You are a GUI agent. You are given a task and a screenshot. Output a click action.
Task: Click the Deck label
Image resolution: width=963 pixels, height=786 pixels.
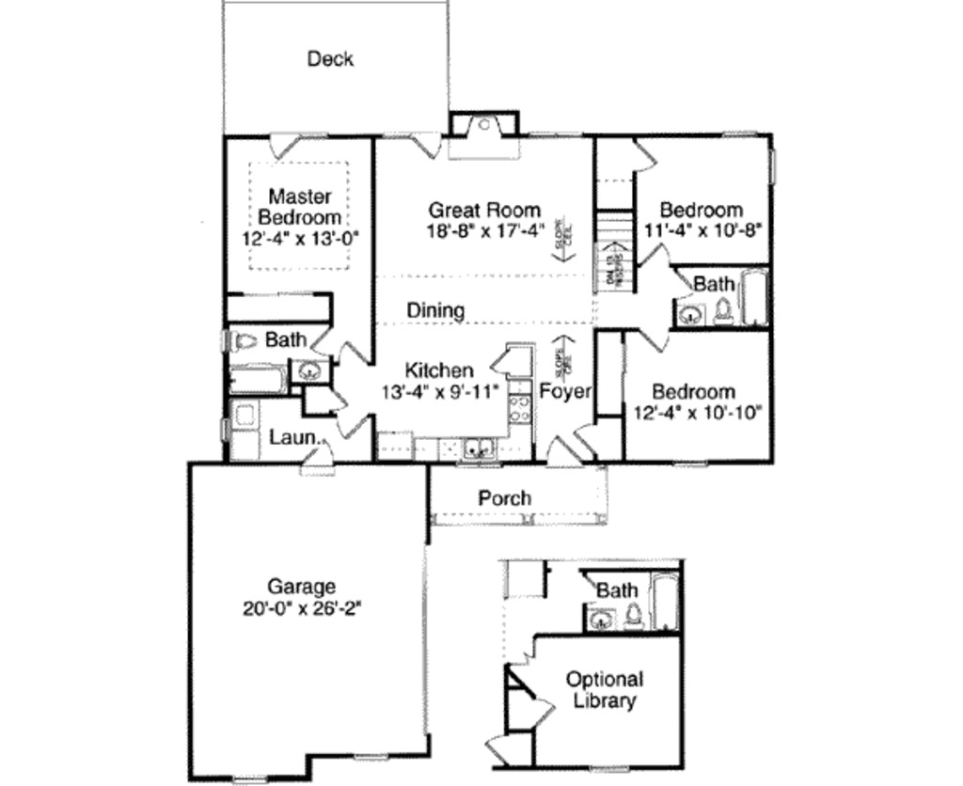tap(330, 59)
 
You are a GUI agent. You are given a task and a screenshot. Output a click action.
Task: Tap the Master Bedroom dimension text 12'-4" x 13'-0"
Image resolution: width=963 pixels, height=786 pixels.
tap(301, 238)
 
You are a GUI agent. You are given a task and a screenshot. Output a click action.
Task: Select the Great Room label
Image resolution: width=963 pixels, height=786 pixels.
tap(484, 210)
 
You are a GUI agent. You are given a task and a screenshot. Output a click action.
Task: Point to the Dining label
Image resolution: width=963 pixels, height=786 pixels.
tap(435, 310)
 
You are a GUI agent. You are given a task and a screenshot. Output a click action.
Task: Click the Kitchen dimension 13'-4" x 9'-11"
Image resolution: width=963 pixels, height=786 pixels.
tap(438, 389)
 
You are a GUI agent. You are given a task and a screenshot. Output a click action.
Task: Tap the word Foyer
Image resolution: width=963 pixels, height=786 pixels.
tap(564, 391)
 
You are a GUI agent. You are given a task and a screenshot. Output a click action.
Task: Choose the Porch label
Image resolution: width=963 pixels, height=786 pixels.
tap(505, 498)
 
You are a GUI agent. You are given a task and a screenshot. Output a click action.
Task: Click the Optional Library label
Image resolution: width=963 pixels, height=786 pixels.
tap(604, 690)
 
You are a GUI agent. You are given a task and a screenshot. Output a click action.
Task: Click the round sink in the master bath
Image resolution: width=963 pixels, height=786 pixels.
tap(308, 371)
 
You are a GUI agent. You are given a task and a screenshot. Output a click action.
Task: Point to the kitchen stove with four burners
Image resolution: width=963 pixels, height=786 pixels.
tap(518, 408)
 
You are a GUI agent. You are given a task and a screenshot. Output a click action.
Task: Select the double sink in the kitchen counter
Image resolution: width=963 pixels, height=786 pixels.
tap(481, 448)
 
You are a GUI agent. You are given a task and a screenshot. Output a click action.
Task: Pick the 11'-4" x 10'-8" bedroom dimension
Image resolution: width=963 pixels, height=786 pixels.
tap(703, 228)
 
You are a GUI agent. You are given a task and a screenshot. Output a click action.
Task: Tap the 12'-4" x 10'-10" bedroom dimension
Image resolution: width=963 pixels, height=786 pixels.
tap(694, 411)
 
